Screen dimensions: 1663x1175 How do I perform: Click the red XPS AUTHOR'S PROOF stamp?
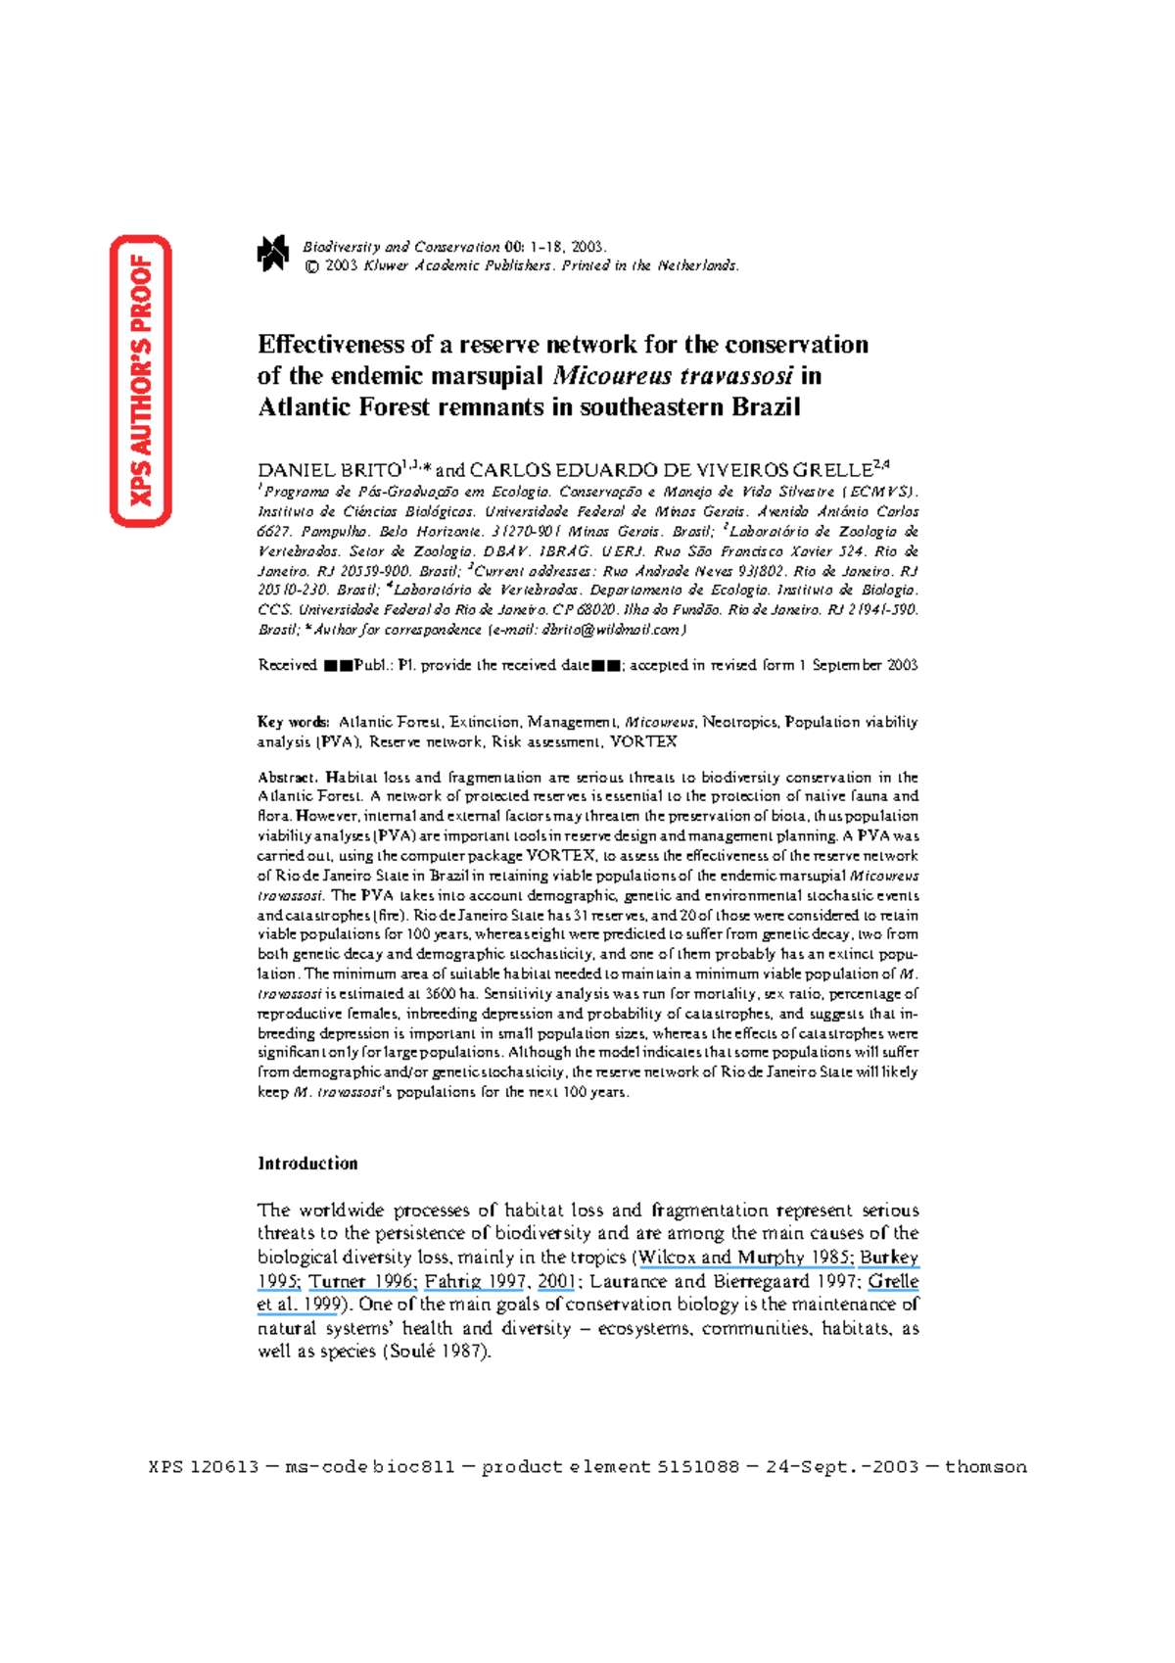(141, 380)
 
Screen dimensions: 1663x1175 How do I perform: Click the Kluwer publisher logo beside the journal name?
(272, 254)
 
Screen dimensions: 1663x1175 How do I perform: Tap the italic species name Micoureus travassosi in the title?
(672, 376)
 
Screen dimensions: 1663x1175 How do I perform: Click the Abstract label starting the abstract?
(287, 778)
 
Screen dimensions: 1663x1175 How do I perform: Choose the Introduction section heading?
(307, 1164)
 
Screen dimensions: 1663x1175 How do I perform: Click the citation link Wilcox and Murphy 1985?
(745, 1258)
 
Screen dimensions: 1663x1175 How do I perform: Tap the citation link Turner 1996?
(363, 1281)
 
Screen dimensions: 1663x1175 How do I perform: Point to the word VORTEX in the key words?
(643, 741)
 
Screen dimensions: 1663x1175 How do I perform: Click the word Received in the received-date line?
(287, 665)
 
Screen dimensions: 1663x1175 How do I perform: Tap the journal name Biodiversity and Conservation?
(401, 247)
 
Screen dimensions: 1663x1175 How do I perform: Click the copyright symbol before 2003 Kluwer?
(312, 265)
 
